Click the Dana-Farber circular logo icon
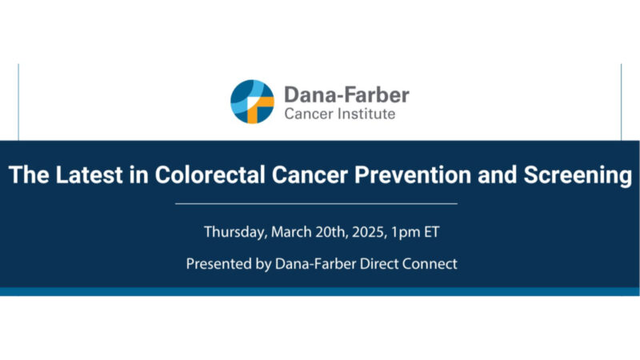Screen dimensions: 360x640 pyautogui.click(x=252, y=101)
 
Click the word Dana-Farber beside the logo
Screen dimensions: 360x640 pyautogui.click(x=346, y=94)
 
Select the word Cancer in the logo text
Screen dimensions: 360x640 pyautogui.click(x=306, y=114)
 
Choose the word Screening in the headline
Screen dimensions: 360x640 pyautogui.click(x=574, y=176)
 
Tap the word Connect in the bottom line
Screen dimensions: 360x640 pyautogui.click(x=431, y=263)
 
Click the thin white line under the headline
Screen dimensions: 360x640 pyautogui.click(x=316, y=203)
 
